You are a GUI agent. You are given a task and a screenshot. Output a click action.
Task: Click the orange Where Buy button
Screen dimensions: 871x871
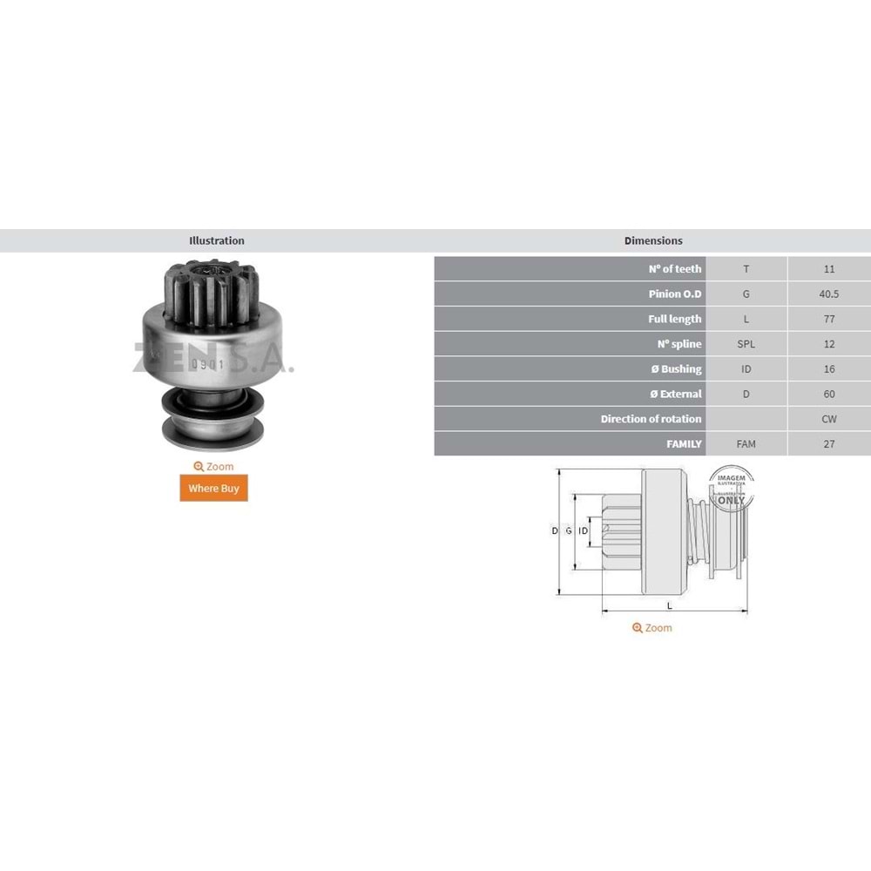(x=213, y=488)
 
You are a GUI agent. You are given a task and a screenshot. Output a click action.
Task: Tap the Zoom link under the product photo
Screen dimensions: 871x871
(x=213, y=467)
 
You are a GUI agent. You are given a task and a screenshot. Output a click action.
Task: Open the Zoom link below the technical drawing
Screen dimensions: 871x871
(x=652, y=628)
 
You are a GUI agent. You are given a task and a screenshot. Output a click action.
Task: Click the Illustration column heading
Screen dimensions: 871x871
(x=217, y=240)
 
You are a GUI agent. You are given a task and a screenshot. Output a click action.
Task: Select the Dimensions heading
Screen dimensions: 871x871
(x=653, y=240)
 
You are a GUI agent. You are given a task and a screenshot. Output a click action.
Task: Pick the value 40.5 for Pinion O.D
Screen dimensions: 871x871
(x=828, y=294)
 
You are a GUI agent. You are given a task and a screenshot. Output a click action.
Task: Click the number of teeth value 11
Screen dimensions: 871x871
(x=828, y=269)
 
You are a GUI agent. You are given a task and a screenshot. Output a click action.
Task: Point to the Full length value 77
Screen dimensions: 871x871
(x=828, y=320)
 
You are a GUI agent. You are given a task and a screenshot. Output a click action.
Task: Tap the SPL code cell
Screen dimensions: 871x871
(x=746, y=344)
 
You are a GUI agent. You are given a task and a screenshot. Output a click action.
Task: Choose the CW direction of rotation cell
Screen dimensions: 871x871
(x=828, y=419)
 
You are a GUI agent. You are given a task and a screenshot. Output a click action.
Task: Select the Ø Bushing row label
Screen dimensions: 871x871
(x=676, y=369)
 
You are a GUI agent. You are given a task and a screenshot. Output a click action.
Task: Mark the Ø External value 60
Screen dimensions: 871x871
(x=828, y=395)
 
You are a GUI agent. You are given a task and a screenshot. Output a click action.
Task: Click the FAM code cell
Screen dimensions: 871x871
(x=746, y=444)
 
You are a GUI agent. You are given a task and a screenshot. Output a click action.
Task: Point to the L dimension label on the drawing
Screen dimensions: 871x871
(x=669, y=604)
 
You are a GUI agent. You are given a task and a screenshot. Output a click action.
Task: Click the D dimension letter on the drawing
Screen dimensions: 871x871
(x=555, y=530)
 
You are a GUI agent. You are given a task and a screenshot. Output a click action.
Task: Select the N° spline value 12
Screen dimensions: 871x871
(x=828, y=344)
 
